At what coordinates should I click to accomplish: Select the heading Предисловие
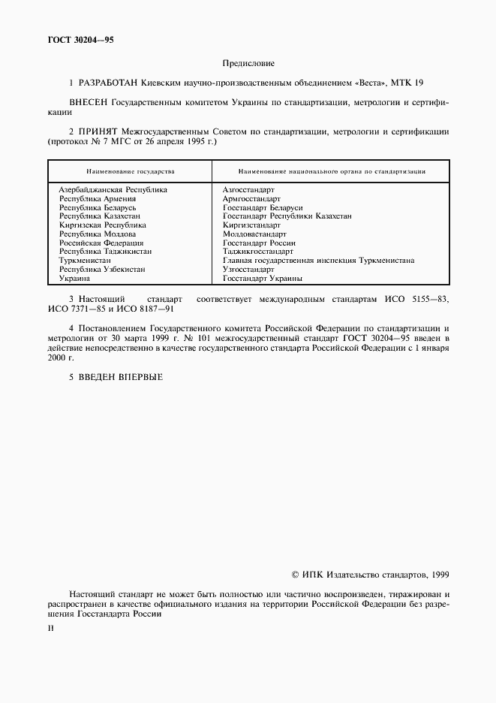(x=248, y=64)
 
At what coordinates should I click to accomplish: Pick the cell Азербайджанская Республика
(x=113, y=189)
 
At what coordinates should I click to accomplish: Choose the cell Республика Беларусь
(x=98, y=207)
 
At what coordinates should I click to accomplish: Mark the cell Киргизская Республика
(x=102, y=225)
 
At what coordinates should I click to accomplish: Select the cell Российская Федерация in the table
(x=101, y=243)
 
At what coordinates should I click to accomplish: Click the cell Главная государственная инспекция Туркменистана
(x=318, y=261)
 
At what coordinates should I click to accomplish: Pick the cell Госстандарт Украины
(x=263, y=278)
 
